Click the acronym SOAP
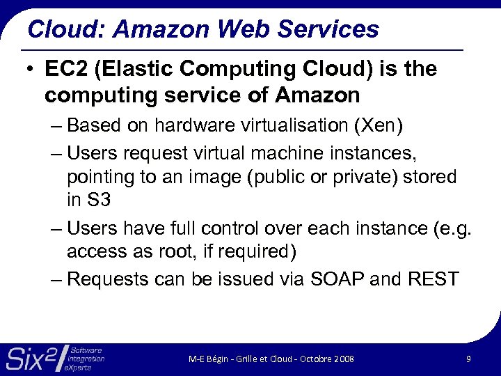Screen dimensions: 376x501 coord(333,279)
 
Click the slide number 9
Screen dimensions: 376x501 coord(468,359)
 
